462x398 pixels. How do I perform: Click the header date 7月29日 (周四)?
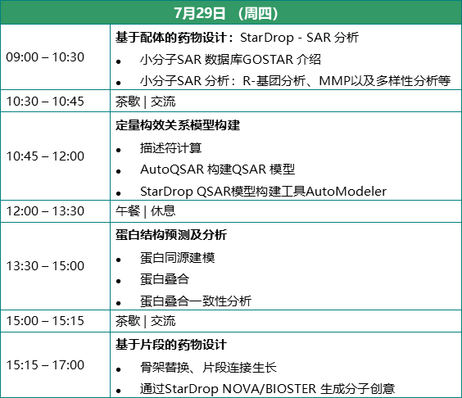tap(226, 13)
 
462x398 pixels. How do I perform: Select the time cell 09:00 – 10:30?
tap(45, 57)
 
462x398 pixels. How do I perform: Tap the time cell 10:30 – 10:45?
tap(45, 101)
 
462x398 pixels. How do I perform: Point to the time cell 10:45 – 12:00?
tap(45, 156)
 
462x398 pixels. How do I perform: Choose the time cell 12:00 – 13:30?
tap(45, 211)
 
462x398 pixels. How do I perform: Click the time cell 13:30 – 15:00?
tap(45, 265)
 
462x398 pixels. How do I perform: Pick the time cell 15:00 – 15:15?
tap(45, 320)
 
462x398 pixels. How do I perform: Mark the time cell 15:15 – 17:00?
tap(45, 364)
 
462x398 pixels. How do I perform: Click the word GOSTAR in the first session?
tap(268, 60)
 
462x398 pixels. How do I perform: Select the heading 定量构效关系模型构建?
tap(178, 125)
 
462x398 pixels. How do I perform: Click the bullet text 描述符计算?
tap(171, 148)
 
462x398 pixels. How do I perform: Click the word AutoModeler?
tap(346, 192)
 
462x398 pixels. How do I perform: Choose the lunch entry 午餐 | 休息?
tap(146, 211)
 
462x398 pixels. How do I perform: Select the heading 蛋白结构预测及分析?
tap(171, 235)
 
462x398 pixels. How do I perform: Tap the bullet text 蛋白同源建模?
tap(178, 258)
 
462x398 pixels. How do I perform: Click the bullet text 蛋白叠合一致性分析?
tap(196, 301)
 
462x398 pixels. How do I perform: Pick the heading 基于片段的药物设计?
tap(171, 345)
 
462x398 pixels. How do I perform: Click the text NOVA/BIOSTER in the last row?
tap(269, 389)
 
